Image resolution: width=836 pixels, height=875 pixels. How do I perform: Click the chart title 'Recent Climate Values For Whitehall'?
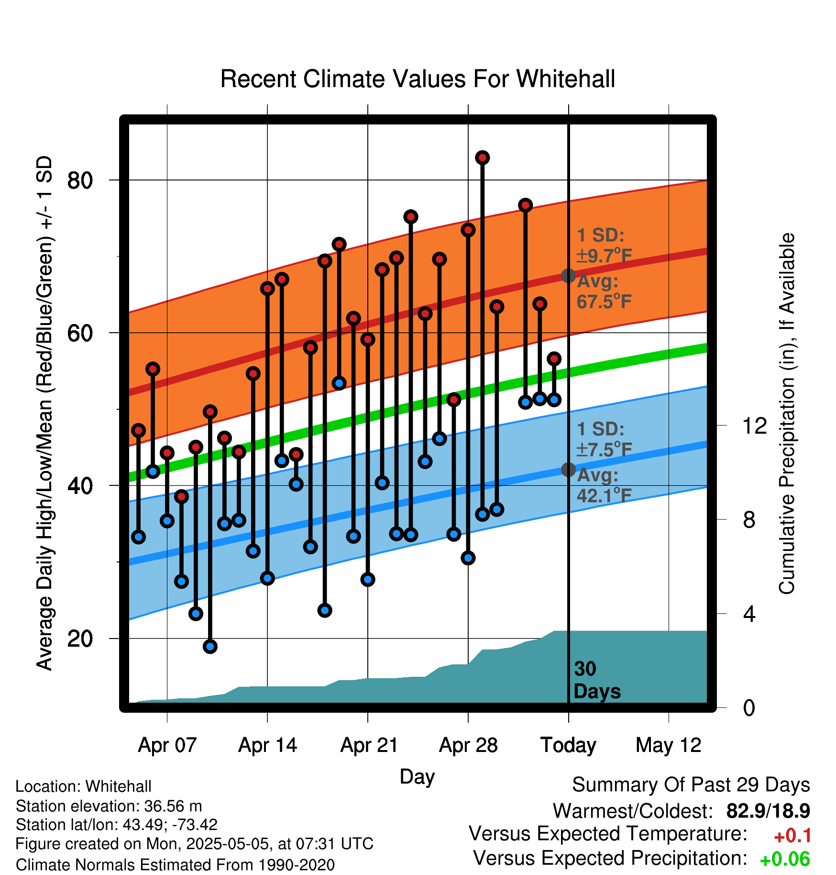(x=418, y=79)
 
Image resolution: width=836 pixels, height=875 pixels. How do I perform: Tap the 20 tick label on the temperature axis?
(x=80, y=639)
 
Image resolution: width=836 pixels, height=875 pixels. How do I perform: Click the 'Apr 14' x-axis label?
(x=268, y=745)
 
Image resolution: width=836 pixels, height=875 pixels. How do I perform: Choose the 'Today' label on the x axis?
(x=568, y=745)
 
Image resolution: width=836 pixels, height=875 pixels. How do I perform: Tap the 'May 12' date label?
(x=669, y=745)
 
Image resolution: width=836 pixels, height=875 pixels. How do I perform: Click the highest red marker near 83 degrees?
(x=483, y=157)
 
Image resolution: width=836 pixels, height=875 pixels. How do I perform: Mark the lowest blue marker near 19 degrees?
(x=210, y=647)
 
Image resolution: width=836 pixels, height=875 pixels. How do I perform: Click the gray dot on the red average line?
(x=568, y=276)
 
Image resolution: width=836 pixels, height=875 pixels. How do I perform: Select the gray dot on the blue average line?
(x=568, y=470)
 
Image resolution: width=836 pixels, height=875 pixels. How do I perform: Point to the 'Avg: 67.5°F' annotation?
(x=604, y=292)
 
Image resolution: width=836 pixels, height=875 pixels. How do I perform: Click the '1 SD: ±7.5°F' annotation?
(x=604, y=439)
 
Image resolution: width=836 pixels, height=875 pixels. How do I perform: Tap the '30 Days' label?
(x=597, y=680)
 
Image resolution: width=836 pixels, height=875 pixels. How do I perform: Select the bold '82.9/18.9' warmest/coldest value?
(x=768, y=811)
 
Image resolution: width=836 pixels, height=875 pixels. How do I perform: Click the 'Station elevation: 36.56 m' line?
(x=109, y=806)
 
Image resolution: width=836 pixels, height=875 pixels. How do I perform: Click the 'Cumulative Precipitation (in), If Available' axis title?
(x=787, y=414)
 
